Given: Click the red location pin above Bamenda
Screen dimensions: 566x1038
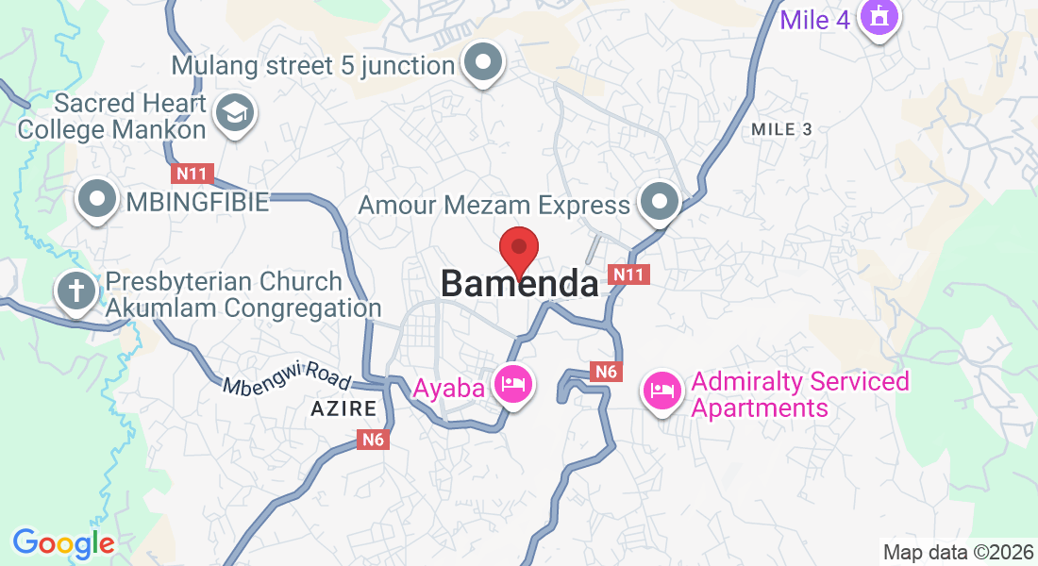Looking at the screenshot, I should point(518,250).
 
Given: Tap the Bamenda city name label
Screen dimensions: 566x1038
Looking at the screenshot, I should point(519,284).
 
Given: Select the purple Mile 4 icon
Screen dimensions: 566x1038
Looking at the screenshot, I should point(879,18).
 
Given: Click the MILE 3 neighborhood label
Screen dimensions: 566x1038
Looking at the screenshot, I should point(782,129).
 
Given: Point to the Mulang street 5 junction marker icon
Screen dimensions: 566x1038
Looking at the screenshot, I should point(483,64).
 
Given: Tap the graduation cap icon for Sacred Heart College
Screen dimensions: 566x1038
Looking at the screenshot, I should point(231,114).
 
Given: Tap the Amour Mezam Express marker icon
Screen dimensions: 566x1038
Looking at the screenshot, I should point(659,202).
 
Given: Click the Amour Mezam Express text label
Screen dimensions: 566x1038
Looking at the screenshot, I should point(494,205).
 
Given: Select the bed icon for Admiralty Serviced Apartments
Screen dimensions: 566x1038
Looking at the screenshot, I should point(662,390).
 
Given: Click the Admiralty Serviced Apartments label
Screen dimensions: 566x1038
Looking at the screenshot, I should point(800,394).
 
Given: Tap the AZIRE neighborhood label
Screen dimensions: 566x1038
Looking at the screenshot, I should point(343,409).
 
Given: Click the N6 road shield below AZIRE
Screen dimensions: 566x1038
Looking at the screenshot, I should point(374,440).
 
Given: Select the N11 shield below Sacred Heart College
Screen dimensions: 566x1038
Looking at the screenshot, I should point(193,174).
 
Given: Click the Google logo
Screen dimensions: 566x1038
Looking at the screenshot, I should point(63,542).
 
